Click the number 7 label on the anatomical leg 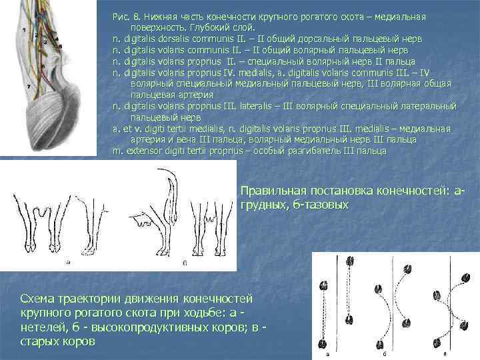(29, 87)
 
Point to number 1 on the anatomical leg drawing (25, 30)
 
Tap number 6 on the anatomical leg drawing (43, 66)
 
